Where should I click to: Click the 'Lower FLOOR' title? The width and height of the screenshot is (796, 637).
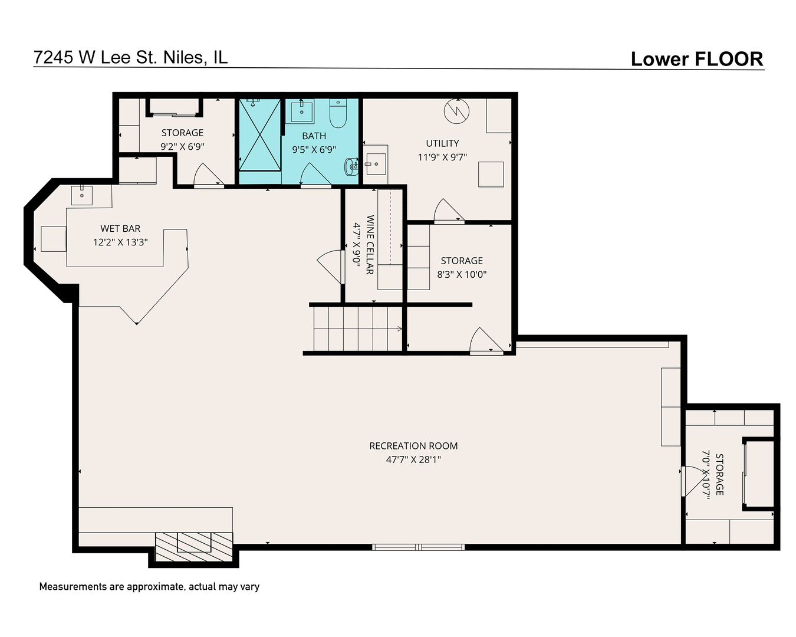(697, 59)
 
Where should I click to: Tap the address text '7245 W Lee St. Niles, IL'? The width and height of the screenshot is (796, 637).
(130, 57)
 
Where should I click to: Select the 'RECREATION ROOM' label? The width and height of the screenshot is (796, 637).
(413, 446)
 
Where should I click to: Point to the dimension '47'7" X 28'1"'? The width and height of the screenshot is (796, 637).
(413, 459)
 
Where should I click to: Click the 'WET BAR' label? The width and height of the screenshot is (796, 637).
(120, 228)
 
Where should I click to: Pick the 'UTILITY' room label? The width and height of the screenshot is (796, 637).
(442, 143)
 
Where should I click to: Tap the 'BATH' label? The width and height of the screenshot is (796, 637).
(314, 136)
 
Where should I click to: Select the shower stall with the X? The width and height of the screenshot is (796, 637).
(259, 134)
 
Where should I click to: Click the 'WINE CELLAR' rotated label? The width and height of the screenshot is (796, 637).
(370, 244)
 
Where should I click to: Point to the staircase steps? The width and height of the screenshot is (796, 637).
(357, 329)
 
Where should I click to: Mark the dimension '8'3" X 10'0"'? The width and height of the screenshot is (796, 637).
(462, 274)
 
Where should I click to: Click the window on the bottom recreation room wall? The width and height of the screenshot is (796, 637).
(418, 547)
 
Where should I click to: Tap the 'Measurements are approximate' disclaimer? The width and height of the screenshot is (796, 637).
(149, 587)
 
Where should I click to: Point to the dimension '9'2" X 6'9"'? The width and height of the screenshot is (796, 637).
(182, 146)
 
